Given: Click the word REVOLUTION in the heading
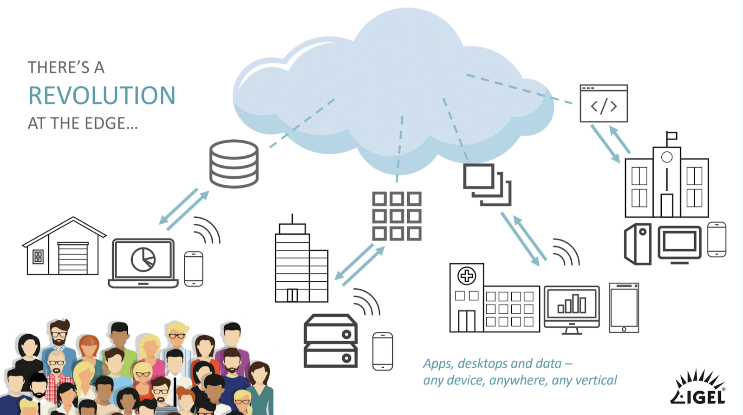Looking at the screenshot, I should (x=102, y=96).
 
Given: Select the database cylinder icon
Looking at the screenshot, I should (x=234, y=164).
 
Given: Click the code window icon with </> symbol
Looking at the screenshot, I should (x=604, y=104).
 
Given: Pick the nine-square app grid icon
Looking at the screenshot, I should (x=397, y=216).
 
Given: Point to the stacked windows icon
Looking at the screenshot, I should (x=487, y=184).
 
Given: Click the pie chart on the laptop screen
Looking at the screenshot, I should (x=143, y=259).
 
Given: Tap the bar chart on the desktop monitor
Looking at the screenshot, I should (x=572, y=304).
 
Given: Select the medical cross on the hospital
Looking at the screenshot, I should (x=467, y=276).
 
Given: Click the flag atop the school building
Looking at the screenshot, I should (x=671, y=136).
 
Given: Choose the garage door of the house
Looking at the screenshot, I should (x=72, y=258).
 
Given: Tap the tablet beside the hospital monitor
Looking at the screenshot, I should (x=624, y=307).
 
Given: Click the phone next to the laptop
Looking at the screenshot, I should (x=194, y=269).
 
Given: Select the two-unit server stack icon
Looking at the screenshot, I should (x=330, y=341).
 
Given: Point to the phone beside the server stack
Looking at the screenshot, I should (x=383, y=351).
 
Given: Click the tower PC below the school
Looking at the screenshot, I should (x=638, y=244).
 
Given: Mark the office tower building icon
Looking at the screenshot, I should (x=301, y=263).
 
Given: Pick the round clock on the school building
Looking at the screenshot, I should (x=667, y=157).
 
